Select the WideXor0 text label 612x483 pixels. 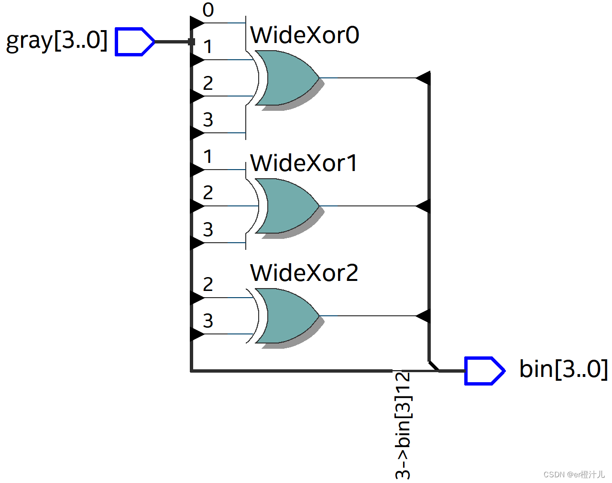click(305, 35)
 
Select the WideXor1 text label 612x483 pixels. click(304, 163)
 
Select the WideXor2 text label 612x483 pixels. click(304, 273)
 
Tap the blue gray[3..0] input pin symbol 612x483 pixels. click(134, 42)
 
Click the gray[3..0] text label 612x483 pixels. click(56, 41)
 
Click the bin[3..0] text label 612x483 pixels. click(563, 369)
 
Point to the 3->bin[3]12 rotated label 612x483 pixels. click(403, 425)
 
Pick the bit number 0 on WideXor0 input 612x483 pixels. click(208, 10)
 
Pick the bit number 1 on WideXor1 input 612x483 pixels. click(208, 156)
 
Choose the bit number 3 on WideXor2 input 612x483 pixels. click(208, 321)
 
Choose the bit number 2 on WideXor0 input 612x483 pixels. click(208, 83)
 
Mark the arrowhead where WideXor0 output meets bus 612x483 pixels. click(424, 77)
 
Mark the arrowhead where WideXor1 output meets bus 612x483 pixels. click(424, 206)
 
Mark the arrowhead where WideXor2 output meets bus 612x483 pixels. click(424, 316)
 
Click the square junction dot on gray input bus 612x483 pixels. click(191, 42)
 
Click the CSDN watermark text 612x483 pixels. click(574, 474)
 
